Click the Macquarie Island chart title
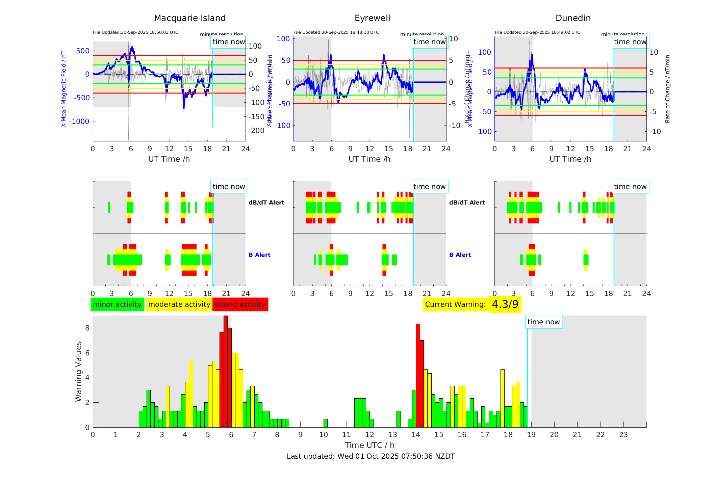pyautogui.click(x=189, y=18)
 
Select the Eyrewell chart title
pyautogui.click(x=372, y=18)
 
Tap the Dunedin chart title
pyautogui.click(x=573, y=18)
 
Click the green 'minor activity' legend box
pyautogui.click(x=117, y=304)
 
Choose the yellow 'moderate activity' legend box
pyautogui.click(x=179, y=304)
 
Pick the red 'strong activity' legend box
pyautogui.click(x=240, y=304)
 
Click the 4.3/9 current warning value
pyautogui.click(x=505, y=304)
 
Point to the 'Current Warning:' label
pyautogui.click(x=455, y=304)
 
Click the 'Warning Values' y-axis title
pyautogui.click(x=78, y=371)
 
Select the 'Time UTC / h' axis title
pyautogui.click(x=369, y=445)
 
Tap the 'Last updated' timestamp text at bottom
pyautogui.click(x=371, y=456)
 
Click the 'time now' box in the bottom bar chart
pyautogui.click(x=543, y=322)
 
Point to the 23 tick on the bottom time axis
pyautogui.click(x=623, y=435)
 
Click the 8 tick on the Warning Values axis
pyautogui.click(x=87, y=328)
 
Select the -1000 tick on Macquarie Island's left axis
pyautogui.click(x=79, y=122)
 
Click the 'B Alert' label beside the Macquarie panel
pyautogui.click(x=259, y=255)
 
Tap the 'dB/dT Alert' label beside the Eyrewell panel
pyautogui.click(x=467, y=203)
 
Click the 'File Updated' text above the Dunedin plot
pyautogui.click(x=537, y=32)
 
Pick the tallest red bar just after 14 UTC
pyautogui.click(x=418, y=375)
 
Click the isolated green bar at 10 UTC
pyautogui.click(x=325, y=423)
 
